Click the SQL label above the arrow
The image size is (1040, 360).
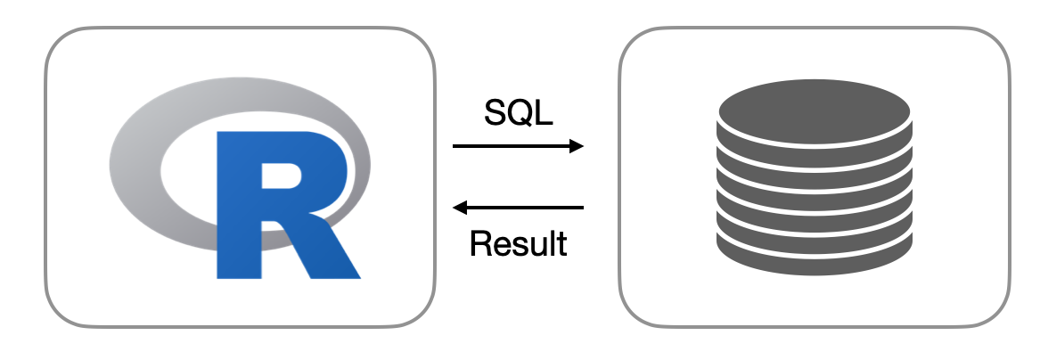[519, 112]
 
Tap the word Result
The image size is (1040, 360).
[519, 242]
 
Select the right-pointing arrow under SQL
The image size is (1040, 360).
[517, 145]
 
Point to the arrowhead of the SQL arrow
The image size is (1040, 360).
[577, 145]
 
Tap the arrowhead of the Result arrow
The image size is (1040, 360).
[460, 208]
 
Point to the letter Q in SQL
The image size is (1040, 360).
[520, 113]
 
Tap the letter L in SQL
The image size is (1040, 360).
[543, 112]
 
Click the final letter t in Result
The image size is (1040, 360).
[561, 242]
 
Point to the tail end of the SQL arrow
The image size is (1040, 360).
[454, 145]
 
